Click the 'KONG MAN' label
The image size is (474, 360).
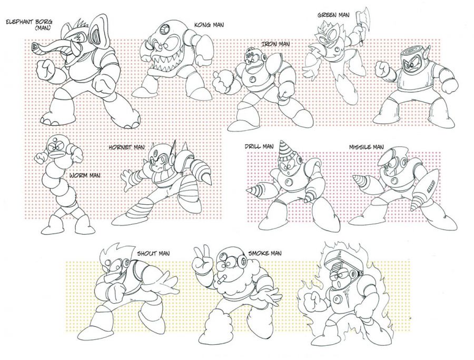209,25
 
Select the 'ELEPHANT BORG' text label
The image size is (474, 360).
29,22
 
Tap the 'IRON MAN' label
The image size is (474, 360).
275,44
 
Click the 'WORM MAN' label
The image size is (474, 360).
85,175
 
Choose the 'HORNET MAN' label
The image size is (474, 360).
127,147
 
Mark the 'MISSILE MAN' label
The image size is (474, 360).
367,147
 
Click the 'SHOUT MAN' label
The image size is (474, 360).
153,253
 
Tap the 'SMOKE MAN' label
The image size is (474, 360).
265,253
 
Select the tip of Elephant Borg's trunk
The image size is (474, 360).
36,46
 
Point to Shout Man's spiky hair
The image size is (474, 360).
113,252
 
